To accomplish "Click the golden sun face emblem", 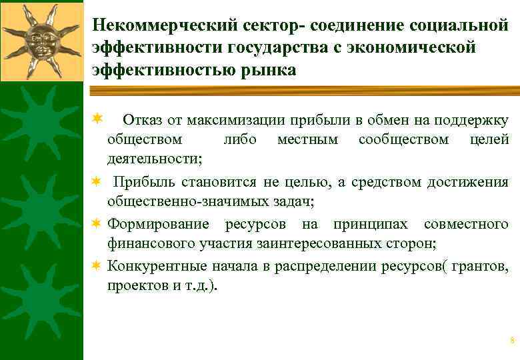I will coord(41,41).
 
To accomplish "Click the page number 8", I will coord(512,341).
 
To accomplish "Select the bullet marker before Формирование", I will coord(97,224).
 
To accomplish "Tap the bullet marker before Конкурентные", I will coord(97,266).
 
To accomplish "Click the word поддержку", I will coord(471,121).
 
